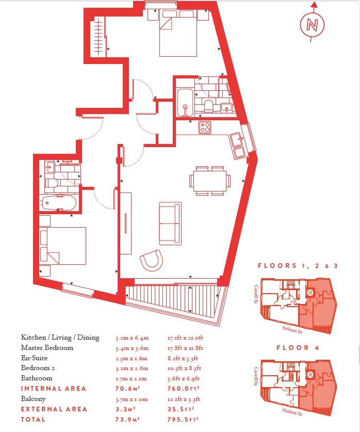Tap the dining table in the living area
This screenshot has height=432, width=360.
click(210, 181)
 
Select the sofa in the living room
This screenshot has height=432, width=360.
click(170, 223)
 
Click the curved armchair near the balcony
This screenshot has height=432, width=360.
click(152, 260)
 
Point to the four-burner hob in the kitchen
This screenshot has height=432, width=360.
click(205, 127)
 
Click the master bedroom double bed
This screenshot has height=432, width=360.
click(178, 33)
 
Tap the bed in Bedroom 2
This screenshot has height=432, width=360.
click(63, 246)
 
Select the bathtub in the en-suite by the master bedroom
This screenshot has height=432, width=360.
click(185, 103)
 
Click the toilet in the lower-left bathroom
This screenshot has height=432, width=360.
click(52, 183)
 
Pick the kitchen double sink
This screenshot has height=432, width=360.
click(238, 146)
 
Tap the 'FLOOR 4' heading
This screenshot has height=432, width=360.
click(298, 348)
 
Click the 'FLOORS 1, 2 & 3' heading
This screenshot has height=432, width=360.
click(298, 266)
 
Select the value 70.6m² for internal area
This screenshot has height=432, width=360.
click(128, 389)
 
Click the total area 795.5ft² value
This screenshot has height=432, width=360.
click(183, 420)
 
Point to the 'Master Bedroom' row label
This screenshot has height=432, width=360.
click(47, 348)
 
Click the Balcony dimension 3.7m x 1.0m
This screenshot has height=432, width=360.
click(132, 399)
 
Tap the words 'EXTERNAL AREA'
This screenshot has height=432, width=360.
click(54, 409)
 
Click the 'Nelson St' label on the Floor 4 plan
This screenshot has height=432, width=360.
click(292, 412)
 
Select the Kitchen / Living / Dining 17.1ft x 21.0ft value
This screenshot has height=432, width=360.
click(186, 338)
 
